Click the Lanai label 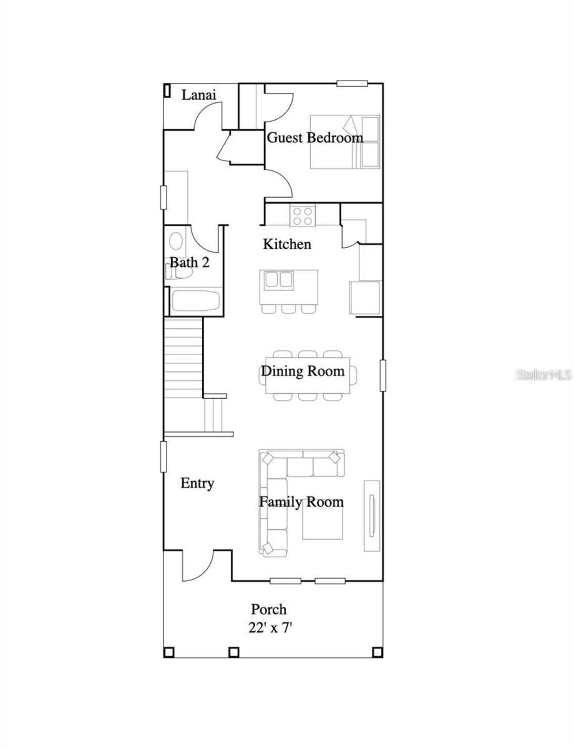click(x=199, y=95)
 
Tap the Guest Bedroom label click(x=315, y=137)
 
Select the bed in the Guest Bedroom click(x=345, y=142)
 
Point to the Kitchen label click(x=287, y=244)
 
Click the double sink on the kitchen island click(x=278, y=280)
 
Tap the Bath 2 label click(x=189, y=262)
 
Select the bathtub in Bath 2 click(x=196, y=301)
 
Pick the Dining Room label click(x=303, y=371)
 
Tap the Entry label click(x=197, y=483)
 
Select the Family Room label click(x=301, y=502)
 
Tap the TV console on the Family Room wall click(x=371, y=516)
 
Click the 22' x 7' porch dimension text click(x=270, y=628)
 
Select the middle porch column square click(x=234, y=652)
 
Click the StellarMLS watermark click(x=543, y=375)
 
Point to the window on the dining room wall click(x=383, y=375)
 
